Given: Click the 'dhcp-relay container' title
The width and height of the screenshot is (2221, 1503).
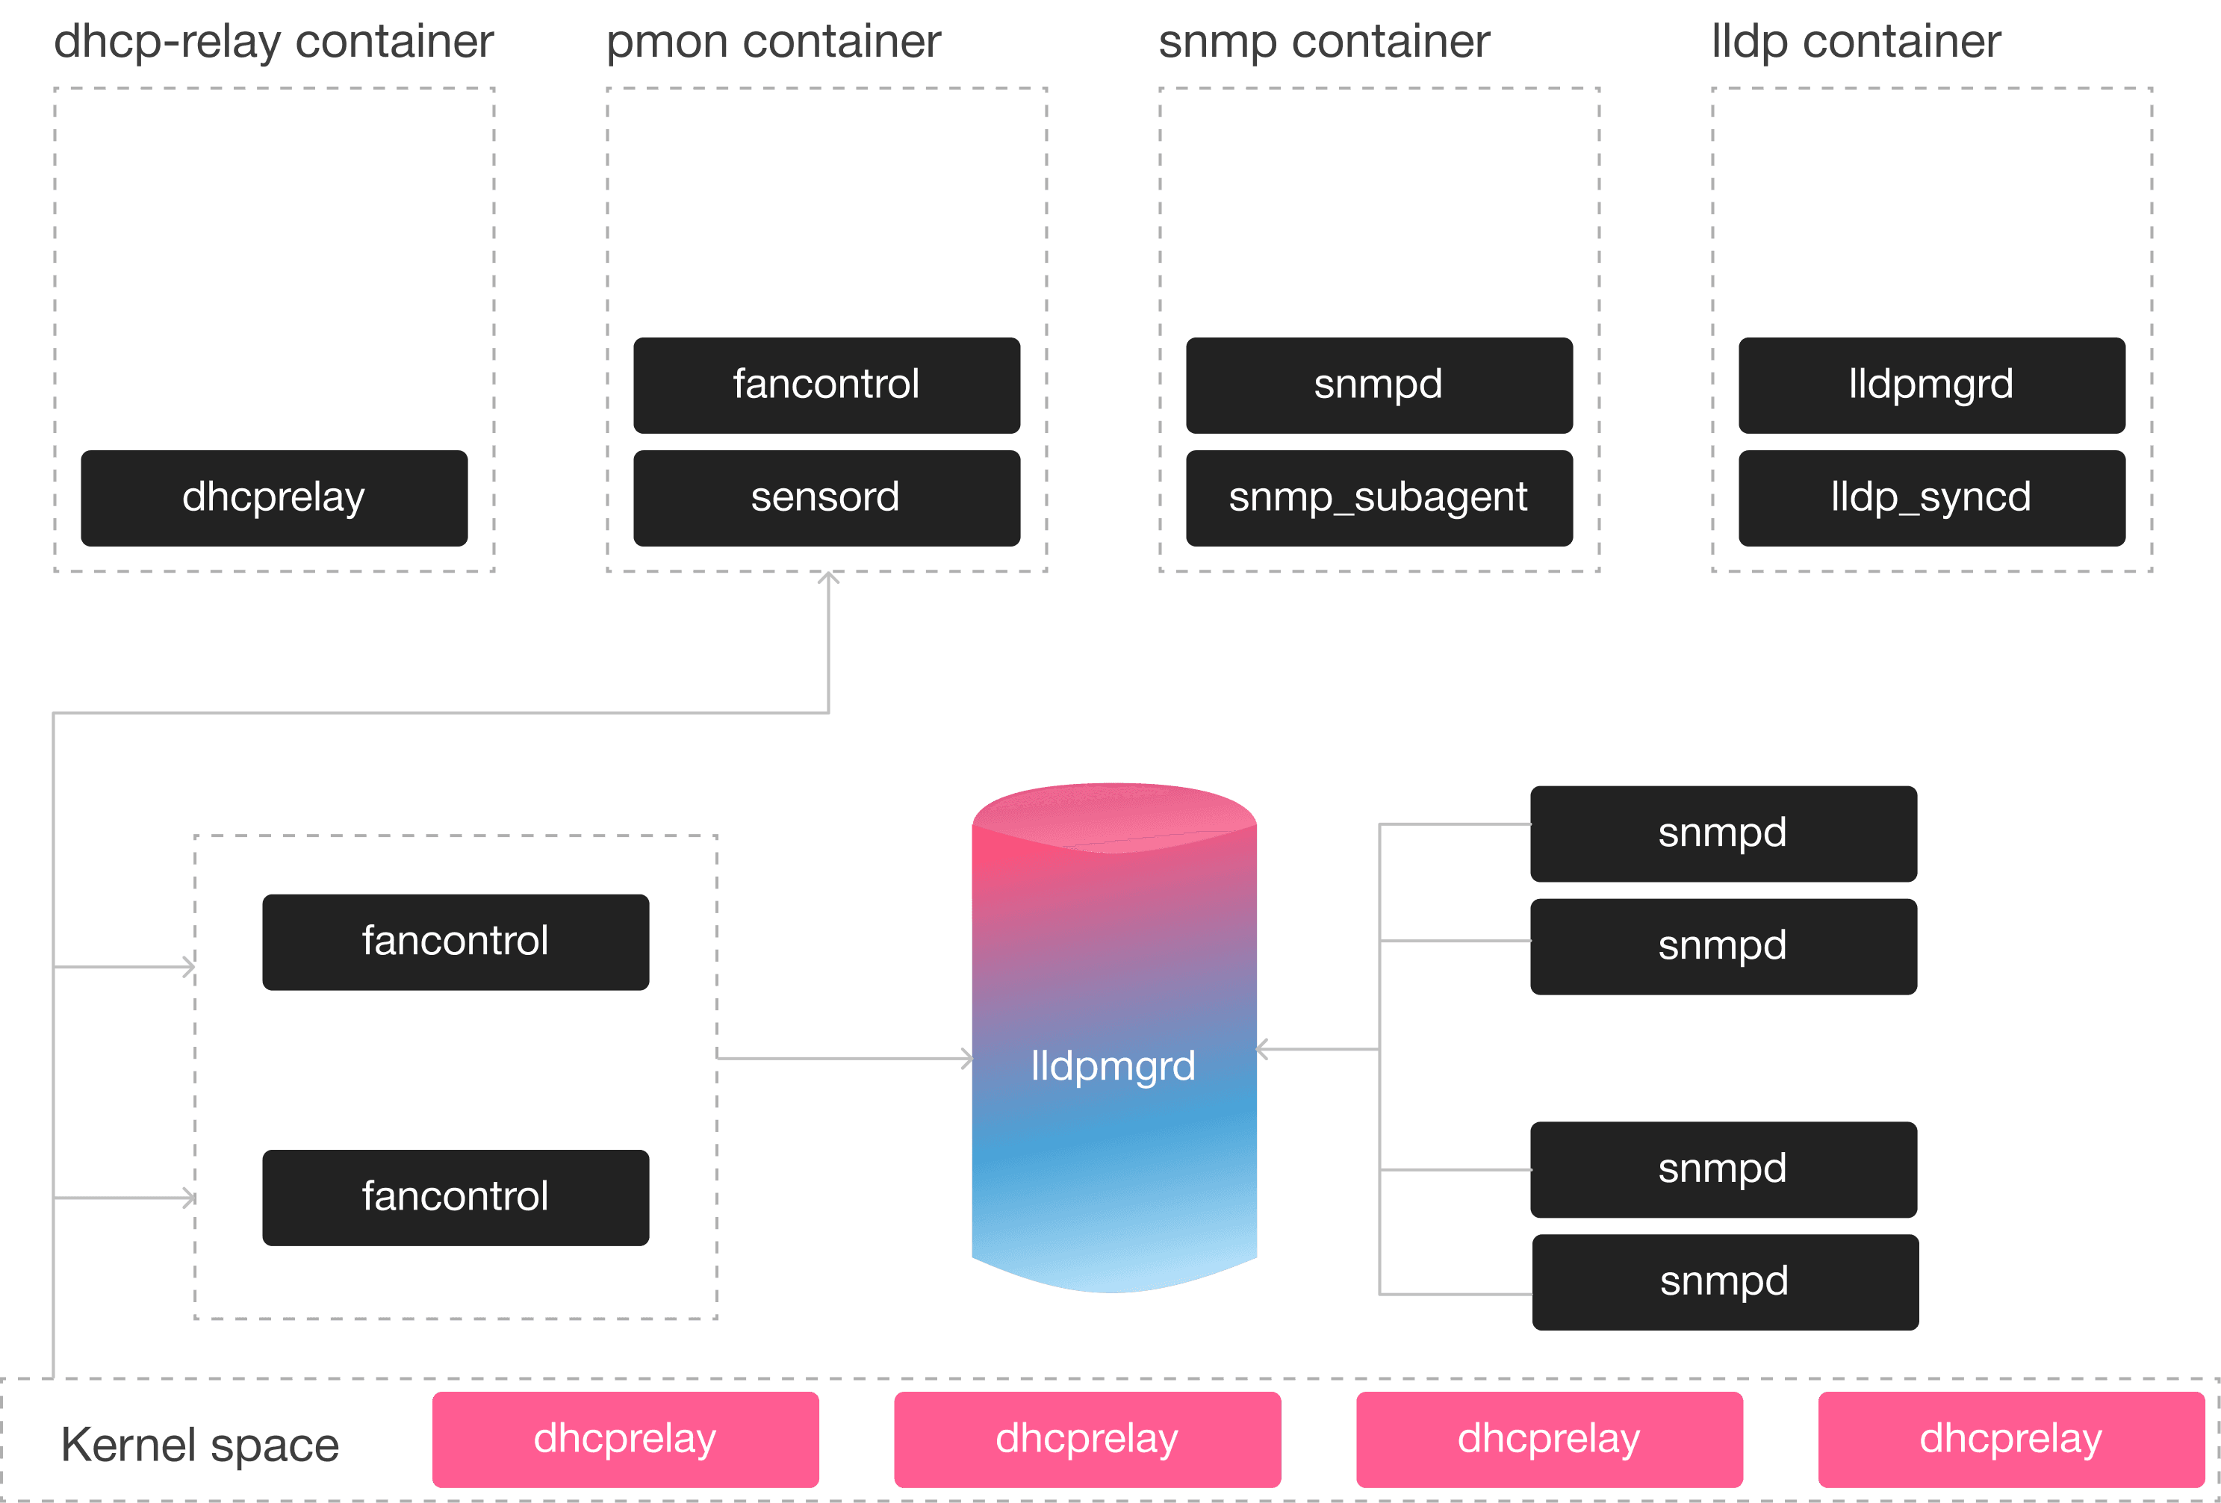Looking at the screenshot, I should click(273, 42).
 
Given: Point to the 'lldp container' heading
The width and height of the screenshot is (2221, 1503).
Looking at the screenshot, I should click(1855, 42).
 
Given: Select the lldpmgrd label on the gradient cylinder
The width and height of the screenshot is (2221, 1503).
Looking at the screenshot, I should click(1113, 1065).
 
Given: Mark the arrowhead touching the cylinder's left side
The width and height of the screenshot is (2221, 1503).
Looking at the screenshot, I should click(967, 1058).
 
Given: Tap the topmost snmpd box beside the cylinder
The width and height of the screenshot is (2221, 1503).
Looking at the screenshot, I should click(1723, 833).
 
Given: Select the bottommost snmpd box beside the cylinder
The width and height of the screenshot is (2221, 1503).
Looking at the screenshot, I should click(1725, 1281).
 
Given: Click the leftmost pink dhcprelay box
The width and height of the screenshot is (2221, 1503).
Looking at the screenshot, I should click(625, 1439).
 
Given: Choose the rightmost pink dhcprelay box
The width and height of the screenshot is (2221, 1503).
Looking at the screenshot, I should click(2010, 1439).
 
